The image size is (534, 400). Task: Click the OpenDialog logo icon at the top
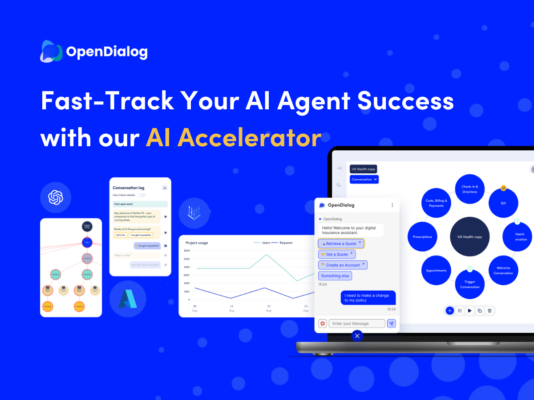[52, 52]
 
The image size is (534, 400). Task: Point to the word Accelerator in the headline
[234, 138]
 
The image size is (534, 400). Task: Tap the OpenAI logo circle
[56, 197]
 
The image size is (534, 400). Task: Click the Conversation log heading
[129, 188]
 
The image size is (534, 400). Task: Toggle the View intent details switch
[141, 195]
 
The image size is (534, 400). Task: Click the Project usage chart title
[197, 243]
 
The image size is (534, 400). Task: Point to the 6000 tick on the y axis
[186, 251]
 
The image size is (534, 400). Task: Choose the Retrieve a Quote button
[341, 244]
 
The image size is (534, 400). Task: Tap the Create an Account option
[343, 265]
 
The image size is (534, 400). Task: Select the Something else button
[335, 276]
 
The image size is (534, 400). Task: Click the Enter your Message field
[357, 324]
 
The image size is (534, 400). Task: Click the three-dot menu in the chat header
[392, 205]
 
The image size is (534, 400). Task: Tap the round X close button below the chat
[357, 336]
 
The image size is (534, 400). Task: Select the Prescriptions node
[422, 237]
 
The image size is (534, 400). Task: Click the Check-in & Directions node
[469, 189]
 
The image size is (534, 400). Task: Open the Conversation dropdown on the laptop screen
[364, 180]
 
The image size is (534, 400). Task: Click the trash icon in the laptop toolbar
[489, 311]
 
